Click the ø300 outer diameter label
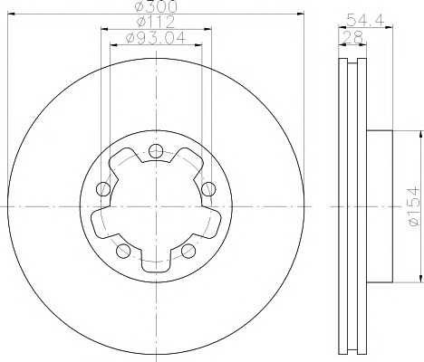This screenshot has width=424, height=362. click(155, 7)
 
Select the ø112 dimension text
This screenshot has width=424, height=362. click(155, 24)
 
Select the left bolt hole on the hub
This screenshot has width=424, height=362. click(102, 189)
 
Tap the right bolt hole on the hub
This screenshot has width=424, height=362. click(209, 188)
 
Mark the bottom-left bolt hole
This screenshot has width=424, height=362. click(123, 251)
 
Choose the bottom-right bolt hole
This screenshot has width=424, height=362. click(188, 251)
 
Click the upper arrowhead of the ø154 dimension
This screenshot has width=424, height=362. click(420, 133)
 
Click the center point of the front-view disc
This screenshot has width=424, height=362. click(156, 207)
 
